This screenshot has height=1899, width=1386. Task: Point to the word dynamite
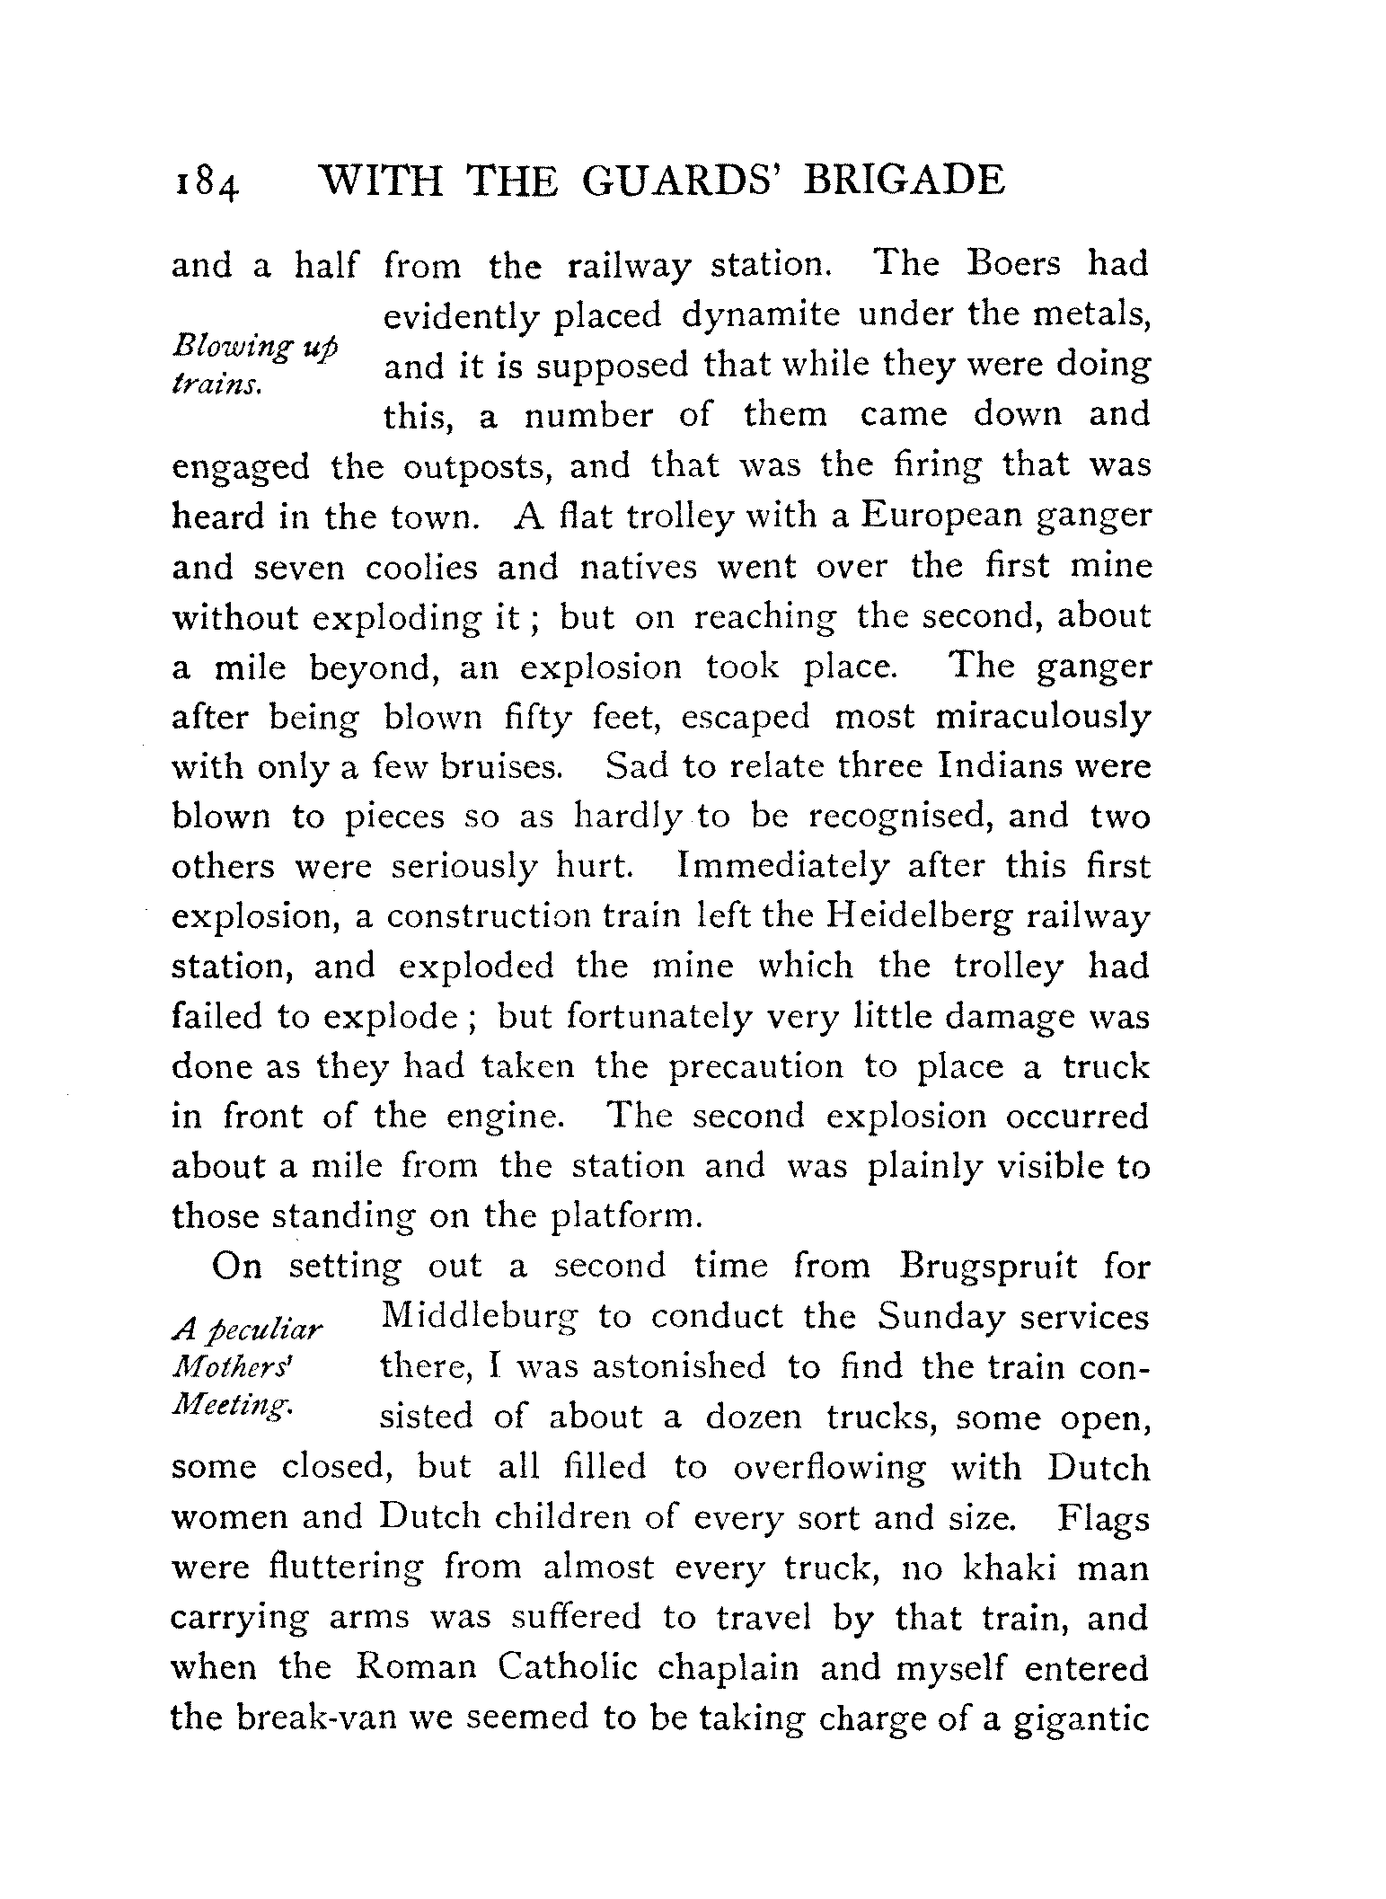pyautogui.click(x=763, y=315)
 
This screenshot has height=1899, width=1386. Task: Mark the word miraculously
pyautogui.click(x=1042, y=719)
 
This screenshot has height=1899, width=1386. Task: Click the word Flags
pyautogui.click(x=1103, y=1518)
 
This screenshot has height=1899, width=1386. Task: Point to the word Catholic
pyautogui.click(x=568, y=1668)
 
